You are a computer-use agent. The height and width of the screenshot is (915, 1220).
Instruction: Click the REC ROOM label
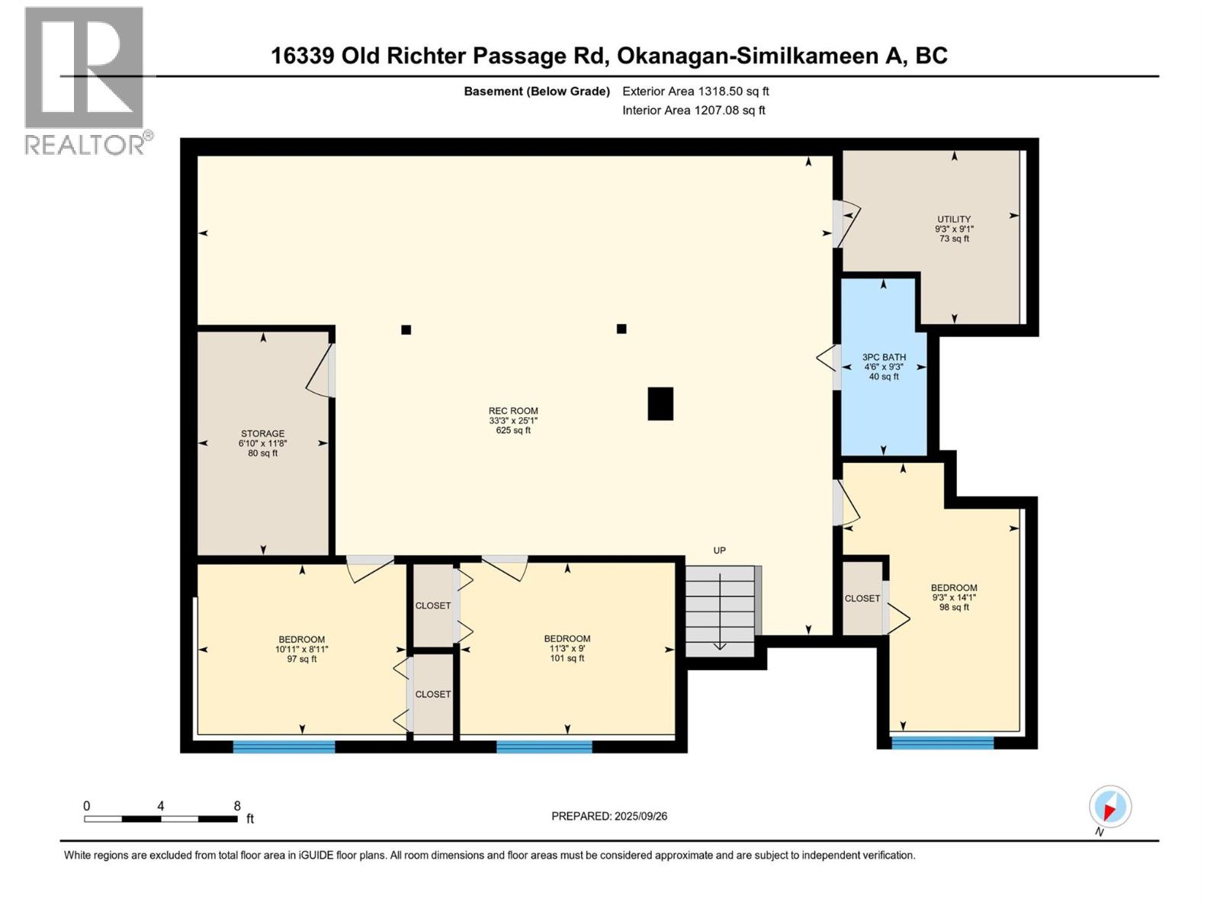513,411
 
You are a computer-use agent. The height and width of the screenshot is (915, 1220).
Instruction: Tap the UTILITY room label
954,220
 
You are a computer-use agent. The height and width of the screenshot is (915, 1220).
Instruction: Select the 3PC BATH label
884,357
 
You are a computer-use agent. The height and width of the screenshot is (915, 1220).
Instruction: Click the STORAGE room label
262,433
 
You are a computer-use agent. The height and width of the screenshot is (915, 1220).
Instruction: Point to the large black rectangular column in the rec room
660,403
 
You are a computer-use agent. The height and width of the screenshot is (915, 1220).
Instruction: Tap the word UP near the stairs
719,551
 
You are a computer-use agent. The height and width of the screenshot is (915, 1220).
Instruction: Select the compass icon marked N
1110,807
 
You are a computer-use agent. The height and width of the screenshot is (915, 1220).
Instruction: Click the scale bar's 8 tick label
237,806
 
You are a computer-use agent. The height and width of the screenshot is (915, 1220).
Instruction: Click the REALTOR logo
85,80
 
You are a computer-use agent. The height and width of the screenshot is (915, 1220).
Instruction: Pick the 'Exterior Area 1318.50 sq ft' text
695,91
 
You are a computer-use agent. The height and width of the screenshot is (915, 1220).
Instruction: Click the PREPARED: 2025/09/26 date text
609,816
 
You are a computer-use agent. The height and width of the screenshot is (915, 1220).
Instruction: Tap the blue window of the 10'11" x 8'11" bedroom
284,746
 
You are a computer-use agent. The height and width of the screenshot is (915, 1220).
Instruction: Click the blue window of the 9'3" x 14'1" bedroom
942,743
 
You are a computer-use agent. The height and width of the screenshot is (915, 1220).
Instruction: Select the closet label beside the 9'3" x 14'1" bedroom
862,599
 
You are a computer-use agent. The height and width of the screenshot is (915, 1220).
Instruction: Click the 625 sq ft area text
513,431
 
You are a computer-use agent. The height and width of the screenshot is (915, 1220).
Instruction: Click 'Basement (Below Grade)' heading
537,91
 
